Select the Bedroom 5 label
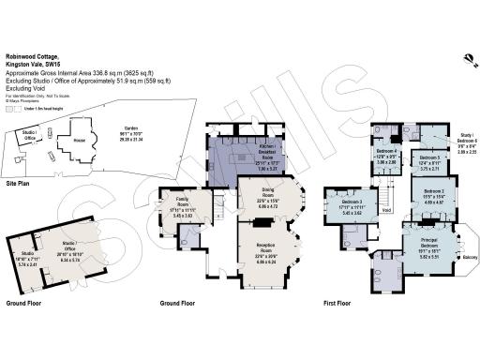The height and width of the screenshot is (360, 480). click(429, 160)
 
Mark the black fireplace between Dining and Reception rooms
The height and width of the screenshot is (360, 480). click(264, 222)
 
